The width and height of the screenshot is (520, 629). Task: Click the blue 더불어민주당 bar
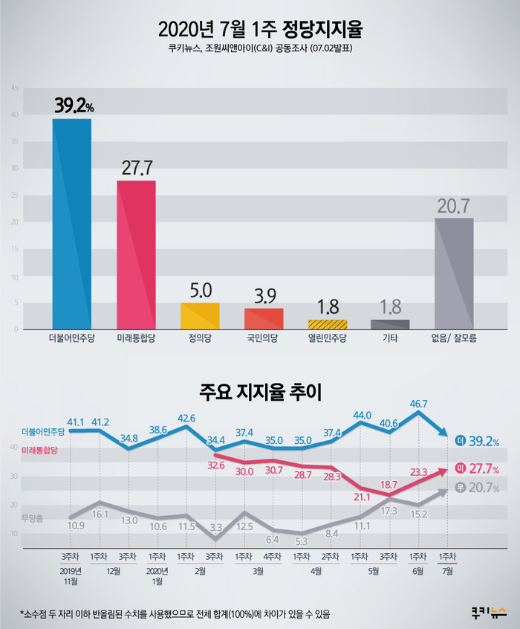coord(72,223)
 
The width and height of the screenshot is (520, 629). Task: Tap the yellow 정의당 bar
coord(200,316)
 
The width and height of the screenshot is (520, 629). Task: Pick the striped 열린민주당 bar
coord(328,324)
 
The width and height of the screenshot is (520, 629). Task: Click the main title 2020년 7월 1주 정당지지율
coord(260,30)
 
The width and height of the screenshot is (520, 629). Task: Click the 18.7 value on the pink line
coord(389,484)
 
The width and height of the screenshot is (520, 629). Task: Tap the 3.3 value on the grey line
coord(215,526)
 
